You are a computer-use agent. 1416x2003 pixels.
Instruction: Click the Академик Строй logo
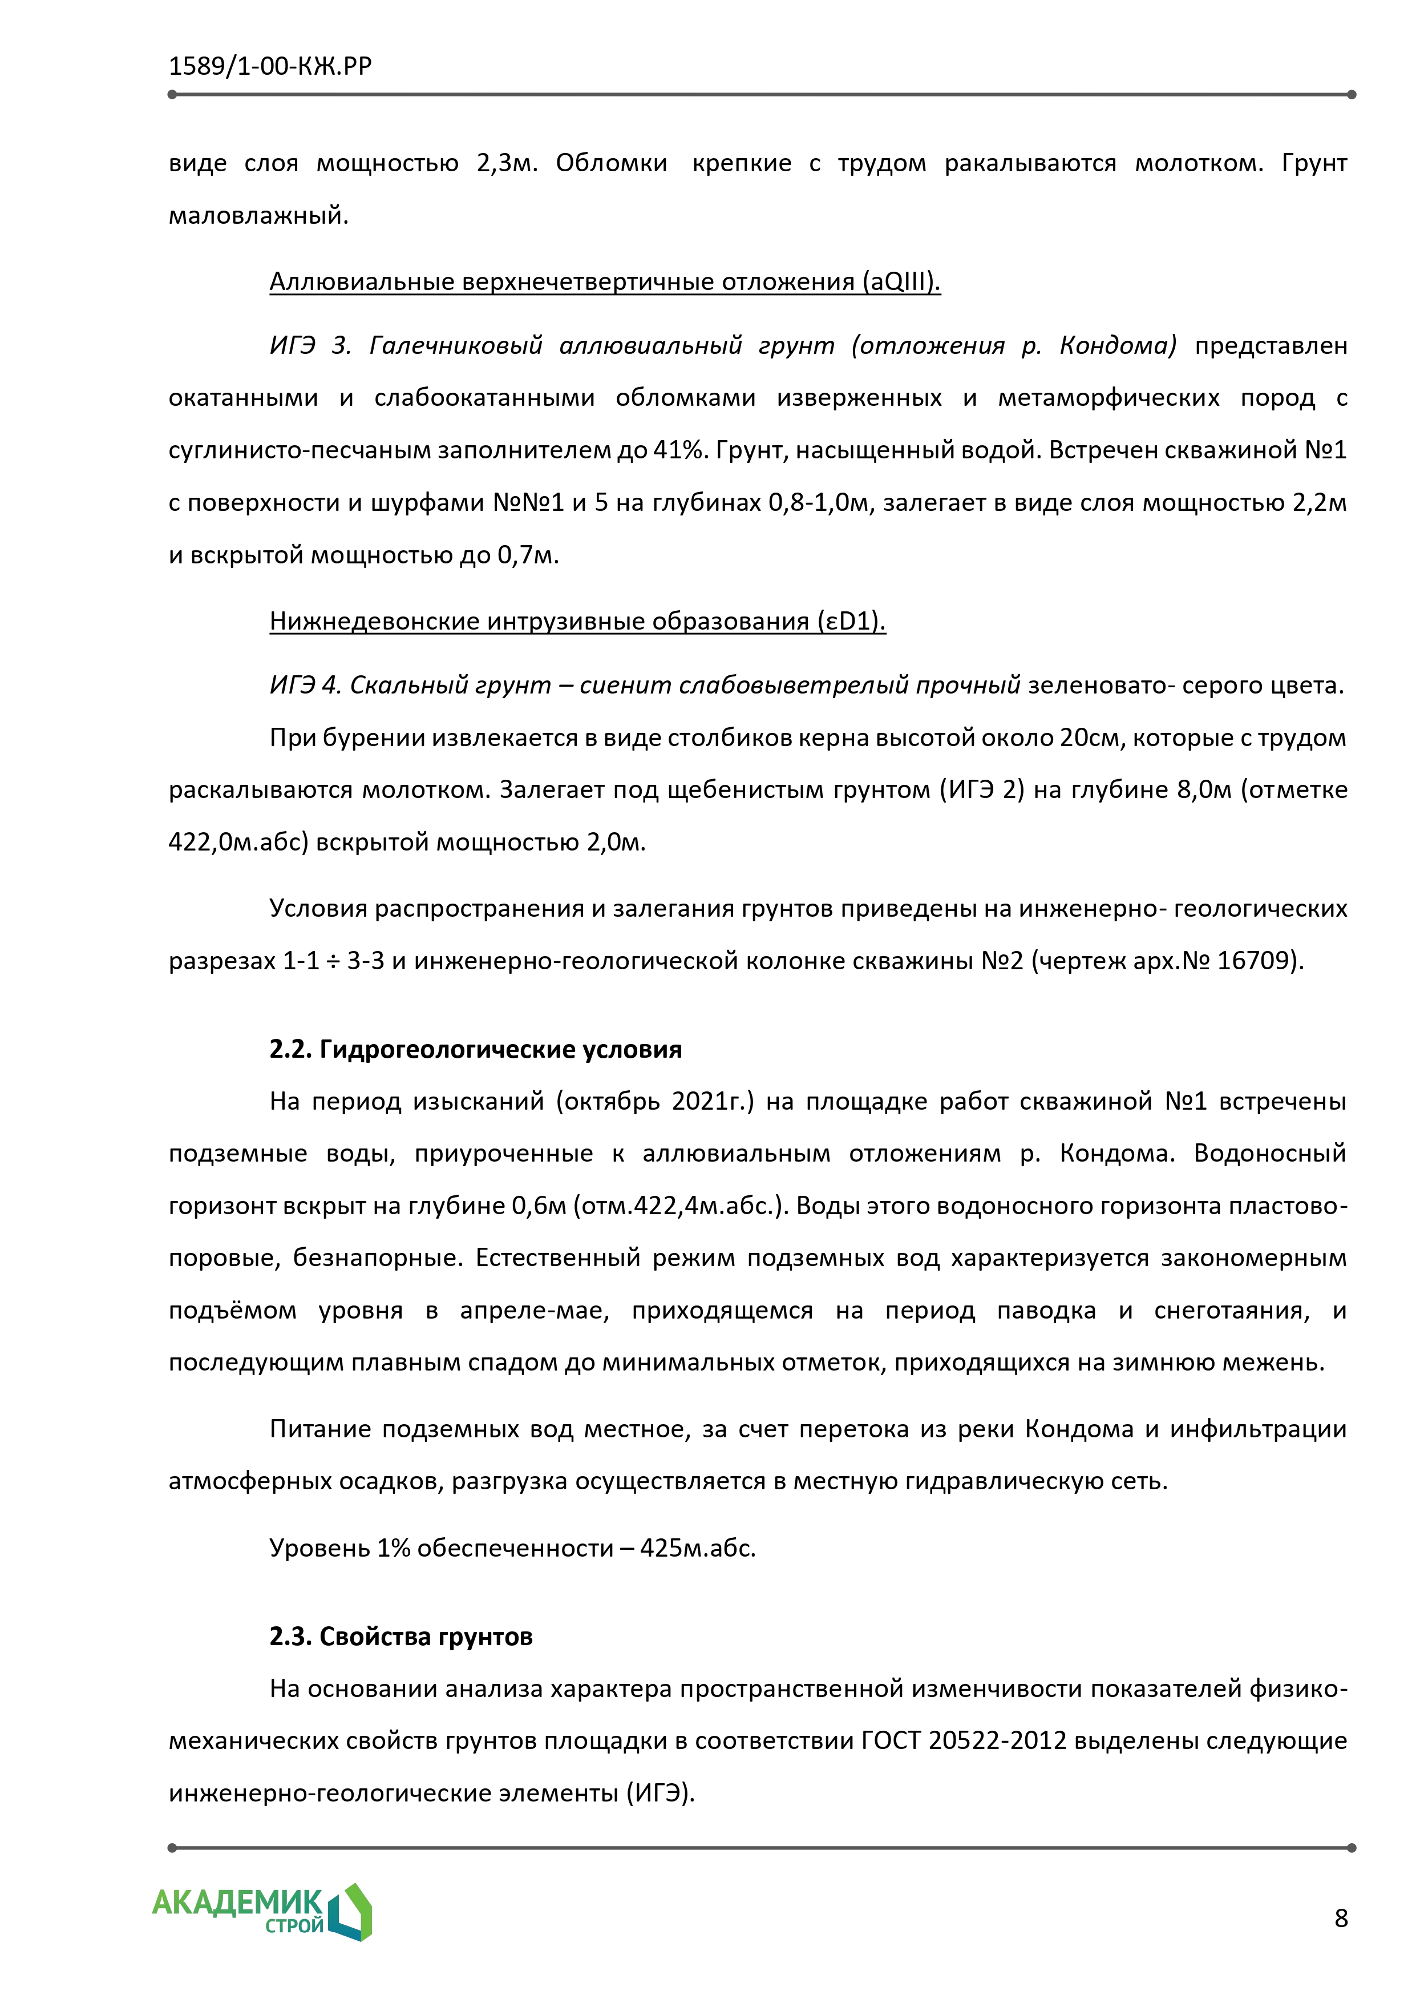point(261,1911)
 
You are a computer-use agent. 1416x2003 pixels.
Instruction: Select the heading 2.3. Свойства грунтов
point(400,1636)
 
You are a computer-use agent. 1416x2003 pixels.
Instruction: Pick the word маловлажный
point(258,215)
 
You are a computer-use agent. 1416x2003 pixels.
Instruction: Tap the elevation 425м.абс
point(698,1547)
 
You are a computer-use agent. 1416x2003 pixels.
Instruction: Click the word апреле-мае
point(533,1311)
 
